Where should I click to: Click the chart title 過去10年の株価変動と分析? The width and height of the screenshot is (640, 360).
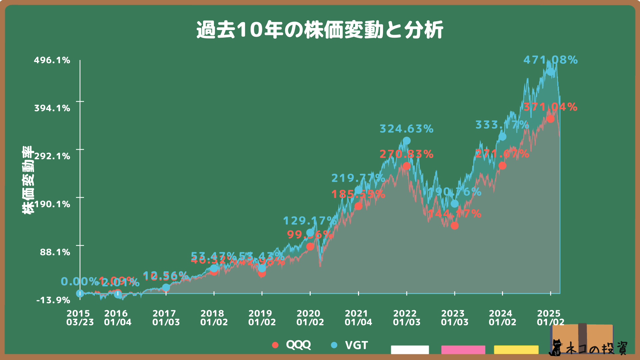click(x=320, y=30)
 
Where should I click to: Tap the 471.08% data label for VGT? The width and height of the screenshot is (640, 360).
click(x=550, y=60)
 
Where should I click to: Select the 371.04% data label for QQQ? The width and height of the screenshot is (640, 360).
click(x=550, y=107)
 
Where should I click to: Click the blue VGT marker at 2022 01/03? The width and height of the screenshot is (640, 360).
click(x=406, y=141)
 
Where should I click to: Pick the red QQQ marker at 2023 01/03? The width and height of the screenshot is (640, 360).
click(x=454, y=226)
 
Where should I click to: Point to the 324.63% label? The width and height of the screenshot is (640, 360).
click(x=406, y=129)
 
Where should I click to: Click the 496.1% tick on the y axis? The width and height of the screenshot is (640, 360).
click(x=52, y=60)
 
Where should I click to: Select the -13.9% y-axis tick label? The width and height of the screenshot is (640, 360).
click(x=53, y=300)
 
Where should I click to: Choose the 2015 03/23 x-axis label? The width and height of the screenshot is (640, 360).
click(x=80, y=318)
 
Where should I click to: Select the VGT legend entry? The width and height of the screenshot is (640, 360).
click(x=350, y=345)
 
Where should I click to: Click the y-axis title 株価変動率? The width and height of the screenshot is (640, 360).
click(x=28, y=180)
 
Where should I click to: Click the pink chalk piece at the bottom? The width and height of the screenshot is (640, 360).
click(x=463, y=349)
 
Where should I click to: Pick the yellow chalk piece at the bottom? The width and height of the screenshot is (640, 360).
click(x=516, y=349)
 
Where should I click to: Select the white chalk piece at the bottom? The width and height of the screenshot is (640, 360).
click(x=410, y=349)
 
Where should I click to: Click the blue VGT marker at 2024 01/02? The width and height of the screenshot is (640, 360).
click(x=502, y=137)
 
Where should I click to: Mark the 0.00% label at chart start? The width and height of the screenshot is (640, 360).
click(x=79, y=282)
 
